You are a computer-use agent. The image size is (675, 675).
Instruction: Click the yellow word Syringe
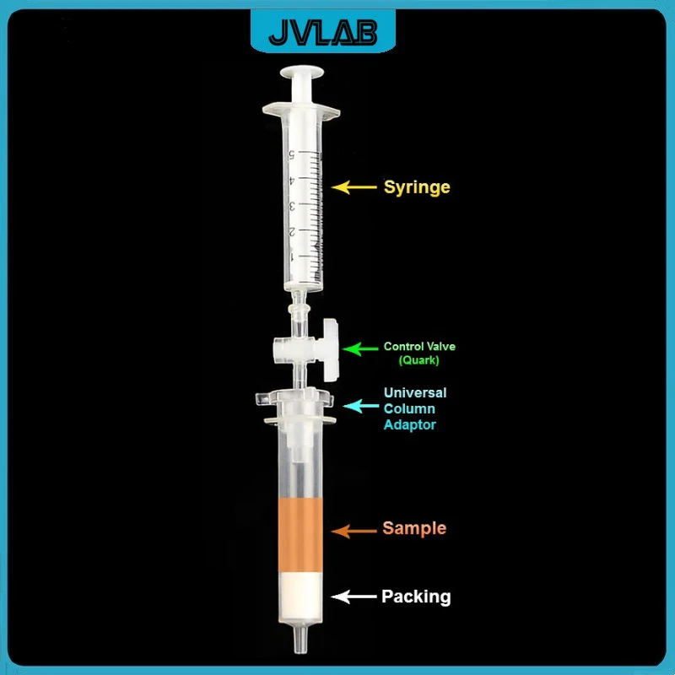pyautogui.click(x=417, y=186)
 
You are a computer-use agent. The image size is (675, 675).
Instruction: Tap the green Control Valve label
pyautogui.click(x=419, y=346)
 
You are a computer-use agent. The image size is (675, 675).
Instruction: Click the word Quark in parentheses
pyautogui.click(x=420, y=360)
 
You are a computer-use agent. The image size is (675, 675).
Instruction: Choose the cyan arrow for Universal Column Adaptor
pyautogui.click(x=356, y=408)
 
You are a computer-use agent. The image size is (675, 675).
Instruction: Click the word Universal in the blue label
pyautogui.click(x=415, y=392)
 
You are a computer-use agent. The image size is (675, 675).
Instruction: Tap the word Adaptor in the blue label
pyautogui.click(x=410, y=424)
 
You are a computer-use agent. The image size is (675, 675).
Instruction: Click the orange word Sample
pyautogui.click(x=414, y=528)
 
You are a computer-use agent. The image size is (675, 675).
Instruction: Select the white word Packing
pyautogui.click(x=416, y=597)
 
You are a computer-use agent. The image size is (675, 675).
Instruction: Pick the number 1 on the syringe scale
pyautogui.click(x=292, y=256)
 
